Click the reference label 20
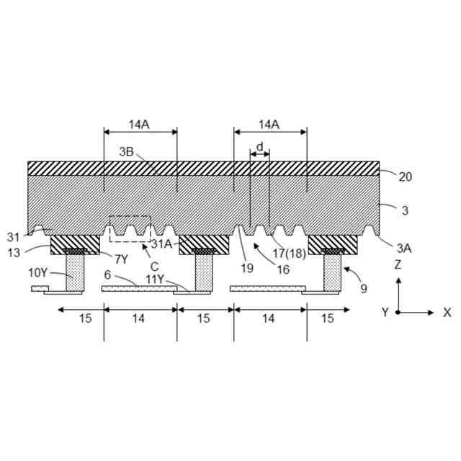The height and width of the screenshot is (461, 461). point(406,176)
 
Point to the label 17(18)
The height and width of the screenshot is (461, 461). point(288,254)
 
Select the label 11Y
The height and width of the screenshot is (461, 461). point(160,279)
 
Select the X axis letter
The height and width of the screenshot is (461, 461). point(447,313)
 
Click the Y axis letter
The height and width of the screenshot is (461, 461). point(385,313)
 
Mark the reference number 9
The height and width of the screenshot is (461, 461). point(363,288)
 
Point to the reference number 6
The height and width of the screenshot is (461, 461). point(107,275)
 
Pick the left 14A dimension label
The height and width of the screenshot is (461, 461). point(139,124)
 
